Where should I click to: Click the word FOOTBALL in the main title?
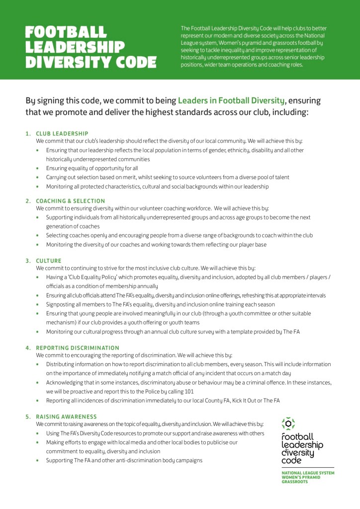66,32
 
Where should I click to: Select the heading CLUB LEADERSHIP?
62,133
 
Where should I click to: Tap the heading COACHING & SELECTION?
70,201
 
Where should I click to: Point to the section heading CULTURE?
49,261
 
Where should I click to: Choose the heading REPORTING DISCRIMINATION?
78,348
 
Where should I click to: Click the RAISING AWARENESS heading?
66,416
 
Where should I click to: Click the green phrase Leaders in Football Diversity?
231,101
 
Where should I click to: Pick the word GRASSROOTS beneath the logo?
295,482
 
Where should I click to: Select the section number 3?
28,261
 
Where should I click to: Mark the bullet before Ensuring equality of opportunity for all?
38,169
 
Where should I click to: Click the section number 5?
28,416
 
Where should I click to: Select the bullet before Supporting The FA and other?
38,461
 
